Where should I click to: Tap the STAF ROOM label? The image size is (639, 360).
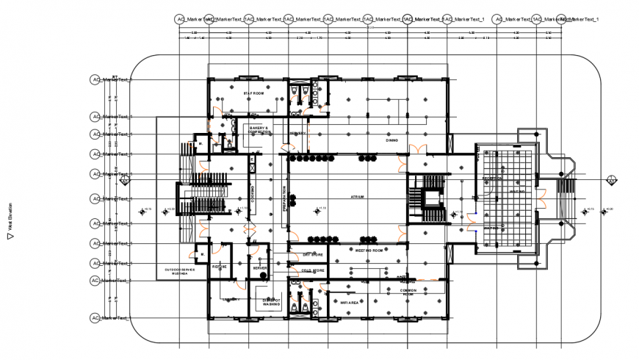click(253, 93)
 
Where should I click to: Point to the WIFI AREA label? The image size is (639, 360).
click(349, 302)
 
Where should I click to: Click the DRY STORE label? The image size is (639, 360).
click(313, 255)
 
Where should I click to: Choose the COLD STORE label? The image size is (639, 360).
click(313, 271)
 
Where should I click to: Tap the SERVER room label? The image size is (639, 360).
click(260, 269)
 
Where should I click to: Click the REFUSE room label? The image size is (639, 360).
click(219, 267)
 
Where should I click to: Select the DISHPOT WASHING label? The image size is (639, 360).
click(272, 302)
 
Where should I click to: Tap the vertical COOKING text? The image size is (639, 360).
click(252, 193)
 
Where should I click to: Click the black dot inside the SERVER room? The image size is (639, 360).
click(261, 259)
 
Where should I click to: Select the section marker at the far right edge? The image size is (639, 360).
click(612, 179)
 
